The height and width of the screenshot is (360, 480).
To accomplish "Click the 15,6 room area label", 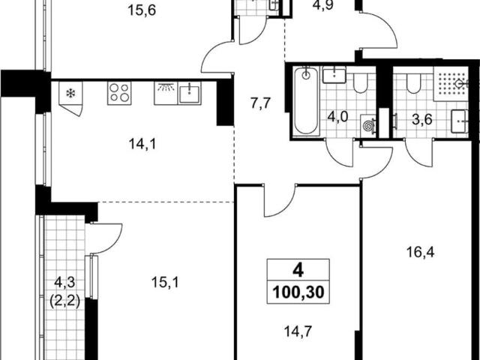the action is point(142,10).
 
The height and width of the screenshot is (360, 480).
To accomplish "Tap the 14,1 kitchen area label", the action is point(142,144).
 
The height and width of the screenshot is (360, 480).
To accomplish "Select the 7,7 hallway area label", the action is point(261,103).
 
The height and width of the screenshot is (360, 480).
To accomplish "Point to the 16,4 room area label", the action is point(420,253).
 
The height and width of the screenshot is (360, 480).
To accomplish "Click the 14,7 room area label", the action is point(298,331).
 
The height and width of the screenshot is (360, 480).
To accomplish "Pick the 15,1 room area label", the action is point(165,283).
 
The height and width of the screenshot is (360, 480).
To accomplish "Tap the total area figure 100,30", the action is point(298,292).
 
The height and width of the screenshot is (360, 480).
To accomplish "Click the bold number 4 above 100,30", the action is point(298,271).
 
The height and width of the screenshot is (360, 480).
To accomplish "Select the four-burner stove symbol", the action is point(119,93).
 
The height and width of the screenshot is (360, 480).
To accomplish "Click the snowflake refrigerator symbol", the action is point(70,93).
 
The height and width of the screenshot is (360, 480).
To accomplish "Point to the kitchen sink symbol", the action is point(190,93).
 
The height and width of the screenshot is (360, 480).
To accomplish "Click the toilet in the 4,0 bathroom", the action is point(361,82).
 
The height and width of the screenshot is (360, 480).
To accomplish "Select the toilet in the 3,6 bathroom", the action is point(413,82).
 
